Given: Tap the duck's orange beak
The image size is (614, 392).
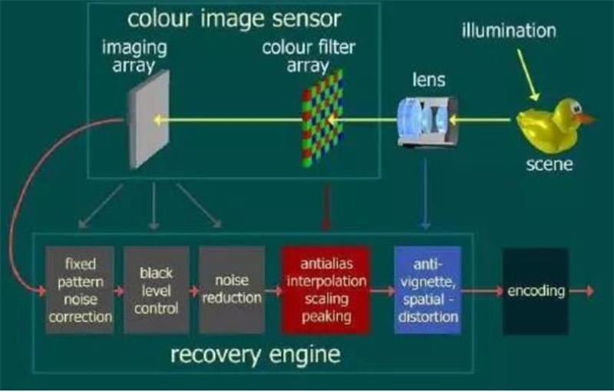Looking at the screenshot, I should [x=586, y=119].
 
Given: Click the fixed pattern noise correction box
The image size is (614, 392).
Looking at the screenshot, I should [x=80, y=290].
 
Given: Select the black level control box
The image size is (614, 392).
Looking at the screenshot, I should [x=156, y=290].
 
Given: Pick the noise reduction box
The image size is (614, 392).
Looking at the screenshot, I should [x=231, y=290].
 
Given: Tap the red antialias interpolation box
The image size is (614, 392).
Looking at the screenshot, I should [x=326, y=290].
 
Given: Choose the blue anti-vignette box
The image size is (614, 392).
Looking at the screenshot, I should [x=427, y=290].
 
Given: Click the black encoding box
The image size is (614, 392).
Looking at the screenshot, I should [x=536, y=291].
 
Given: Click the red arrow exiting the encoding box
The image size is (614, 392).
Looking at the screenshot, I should [x=581, y=291].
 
